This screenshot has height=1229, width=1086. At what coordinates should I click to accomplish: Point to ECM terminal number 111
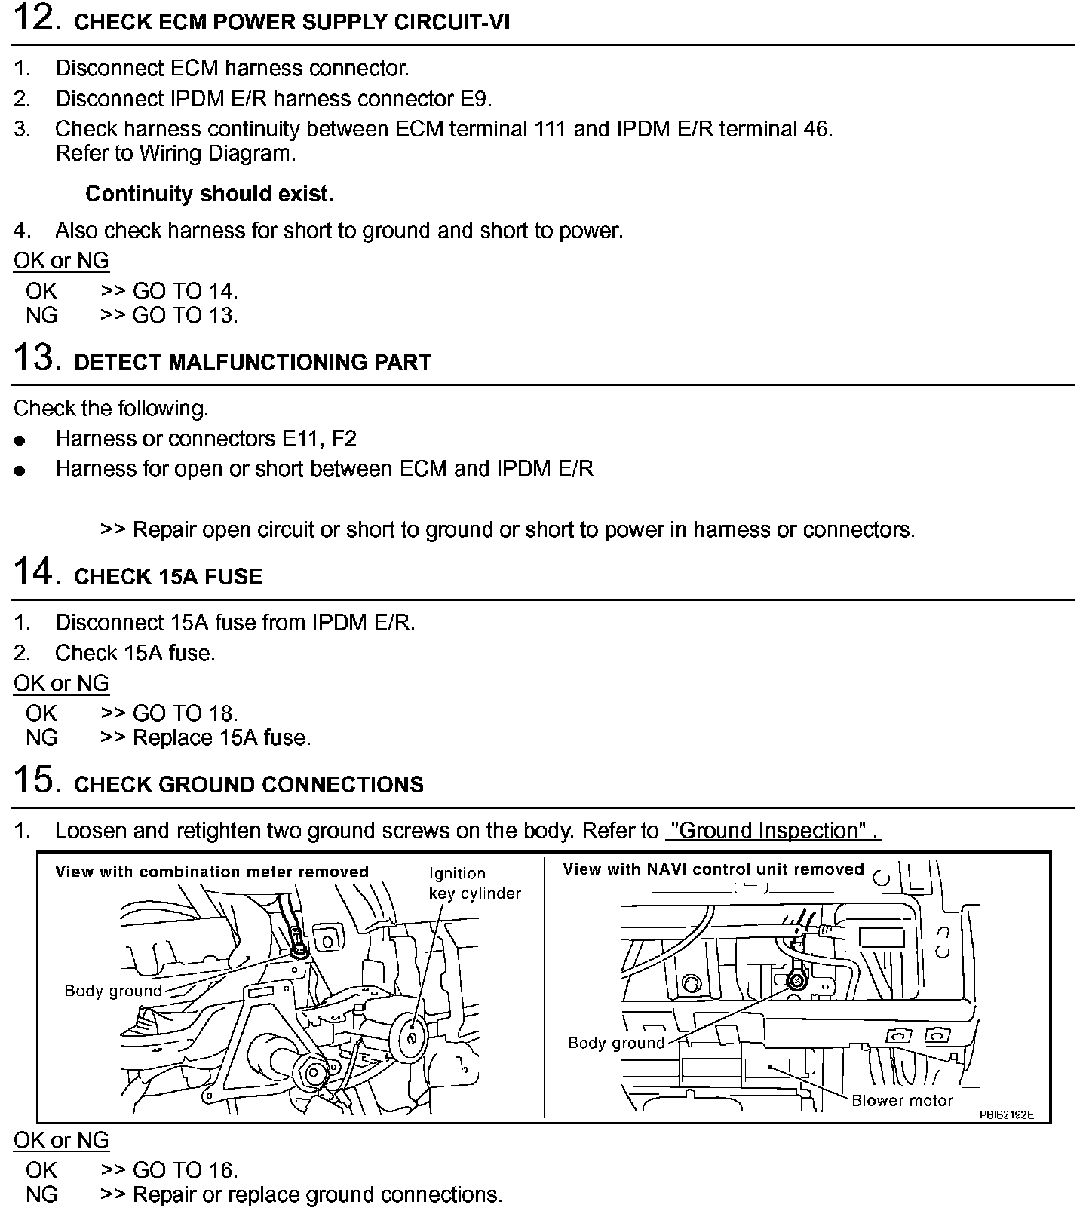(551, 129)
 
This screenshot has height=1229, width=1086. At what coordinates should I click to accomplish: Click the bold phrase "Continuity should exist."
(209, 195)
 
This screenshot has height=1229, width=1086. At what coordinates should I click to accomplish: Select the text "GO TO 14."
(185, 291)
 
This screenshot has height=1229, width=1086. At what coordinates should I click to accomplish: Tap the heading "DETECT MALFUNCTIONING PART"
(253, 363)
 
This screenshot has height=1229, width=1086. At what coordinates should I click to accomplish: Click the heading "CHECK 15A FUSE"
(168, 577)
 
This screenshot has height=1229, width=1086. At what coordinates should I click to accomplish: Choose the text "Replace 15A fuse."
(222, 737)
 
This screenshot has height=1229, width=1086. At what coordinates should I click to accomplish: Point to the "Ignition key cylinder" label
(474, 883)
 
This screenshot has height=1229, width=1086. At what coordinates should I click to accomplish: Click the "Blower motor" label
(902, 1100)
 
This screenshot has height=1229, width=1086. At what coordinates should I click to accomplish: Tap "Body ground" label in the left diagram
(113, 991)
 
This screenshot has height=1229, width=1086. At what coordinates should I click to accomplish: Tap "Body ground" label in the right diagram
(616, 1043)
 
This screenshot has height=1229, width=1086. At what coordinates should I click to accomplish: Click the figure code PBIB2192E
(1007, 1114)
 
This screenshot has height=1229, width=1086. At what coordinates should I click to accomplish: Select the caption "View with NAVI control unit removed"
(713, 869)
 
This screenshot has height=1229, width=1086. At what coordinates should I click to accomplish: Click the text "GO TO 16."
(185, 1170)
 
